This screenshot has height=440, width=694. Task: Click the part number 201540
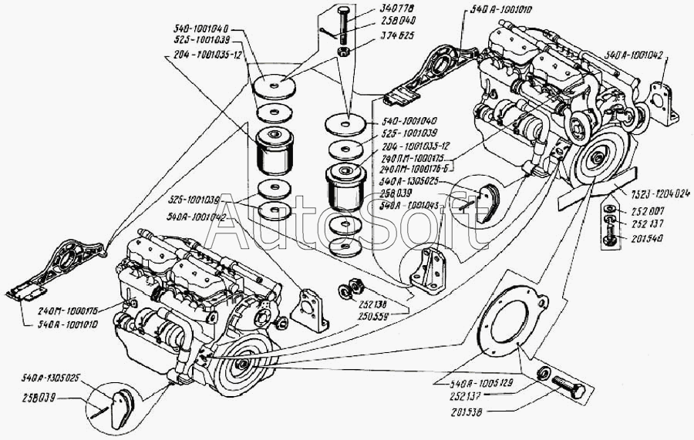647,239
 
